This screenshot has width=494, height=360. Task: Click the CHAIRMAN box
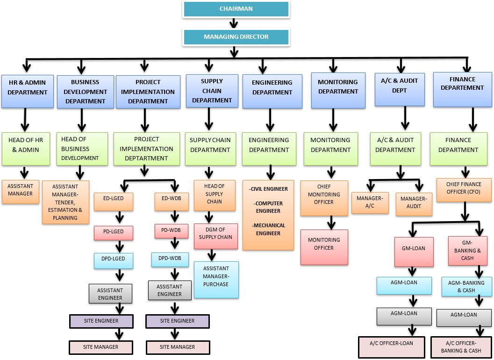pyautogui.click(x=236, y=9)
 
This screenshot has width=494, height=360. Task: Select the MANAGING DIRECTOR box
pyautogui.click(x=236, y=37)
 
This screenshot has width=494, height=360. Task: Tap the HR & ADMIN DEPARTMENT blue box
pyautogui.click(x=28, y=91)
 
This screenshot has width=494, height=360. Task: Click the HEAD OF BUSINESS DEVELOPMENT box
pyautogui.click(x=82, y=149)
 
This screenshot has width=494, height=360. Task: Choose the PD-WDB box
pyautogui.click(x=172, y=231)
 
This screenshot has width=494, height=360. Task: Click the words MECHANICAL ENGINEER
pyautogui.click(x=268, y=229)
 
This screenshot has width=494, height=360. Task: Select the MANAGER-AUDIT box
pyautogui.click(x=414, y=203)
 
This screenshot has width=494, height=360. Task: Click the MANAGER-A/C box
pyautogui.click(x=370, y=202)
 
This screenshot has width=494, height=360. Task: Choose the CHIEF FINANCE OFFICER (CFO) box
pyautogui.click(x=464, y=189)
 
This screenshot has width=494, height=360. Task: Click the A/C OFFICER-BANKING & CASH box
pyautogui.click(x=460, y=347)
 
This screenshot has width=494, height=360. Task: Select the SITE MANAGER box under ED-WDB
pyautogui.click(x=178, y=347)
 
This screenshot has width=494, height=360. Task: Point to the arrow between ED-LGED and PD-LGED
pyautogui.click(x=120, y=217)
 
